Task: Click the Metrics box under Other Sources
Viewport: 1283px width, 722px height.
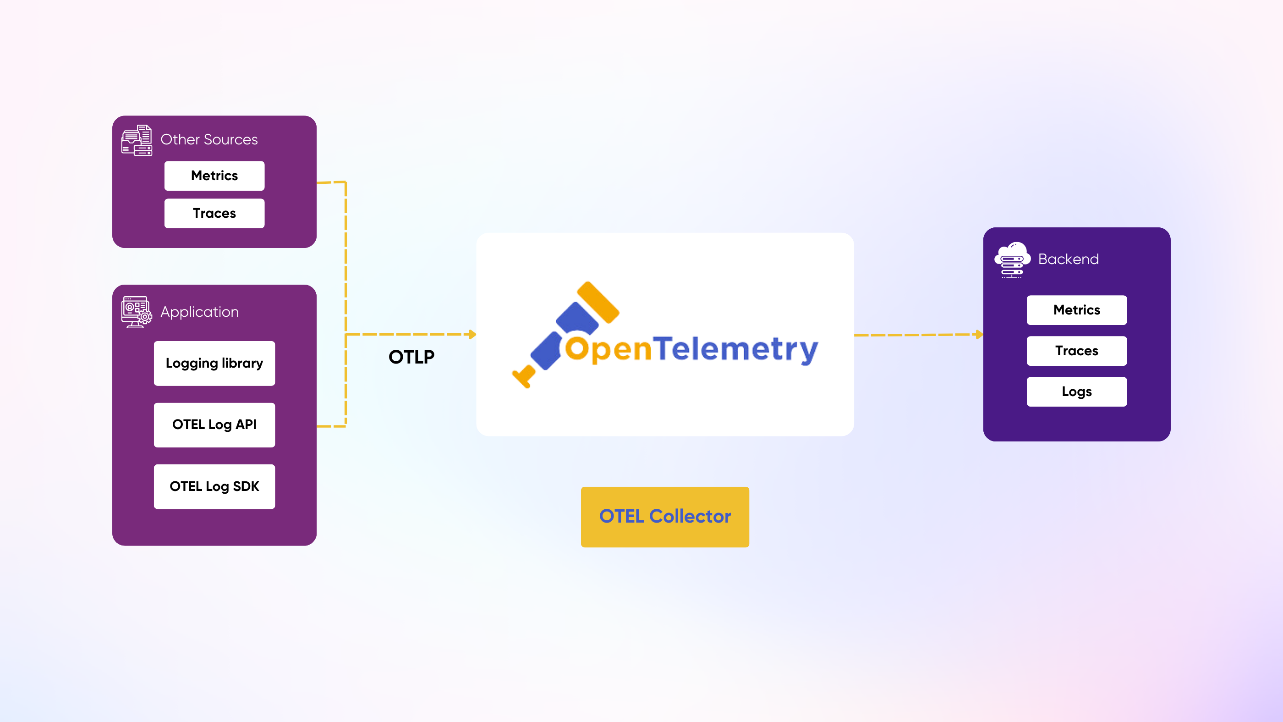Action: click(214, 176)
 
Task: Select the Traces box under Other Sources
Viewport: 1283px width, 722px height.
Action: click(214, 213)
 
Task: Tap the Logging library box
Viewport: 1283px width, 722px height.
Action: click(214, 363)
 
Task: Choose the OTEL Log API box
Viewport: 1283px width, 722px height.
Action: click(214, 424)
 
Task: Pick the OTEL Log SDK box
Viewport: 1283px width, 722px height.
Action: click(214, 486)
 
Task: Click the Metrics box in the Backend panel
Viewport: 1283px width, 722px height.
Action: click(1076, 310)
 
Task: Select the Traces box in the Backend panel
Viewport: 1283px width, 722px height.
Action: click(1076, 351)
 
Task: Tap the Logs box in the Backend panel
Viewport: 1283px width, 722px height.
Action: click(1076, 391)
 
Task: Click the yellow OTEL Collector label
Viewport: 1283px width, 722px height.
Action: click(664, 517)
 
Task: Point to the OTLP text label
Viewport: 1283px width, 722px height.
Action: click(411, 357)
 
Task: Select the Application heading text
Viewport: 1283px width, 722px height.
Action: click(199, 312)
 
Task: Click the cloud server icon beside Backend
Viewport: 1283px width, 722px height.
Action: click(1012, 259)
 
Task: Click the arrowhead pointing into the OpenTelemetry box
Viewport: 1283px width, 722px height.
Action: click(473, 334)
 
